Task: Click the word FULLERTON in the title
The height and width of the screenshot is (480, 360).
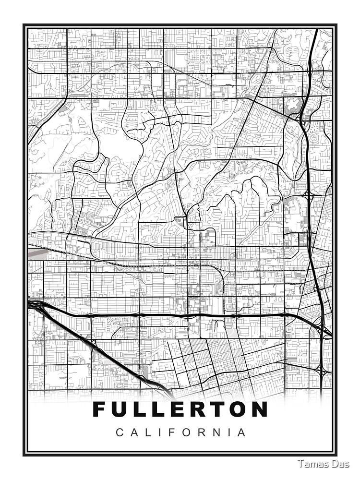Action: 180,409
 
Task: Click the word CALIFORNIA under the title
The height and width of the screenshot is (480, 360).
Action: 181,432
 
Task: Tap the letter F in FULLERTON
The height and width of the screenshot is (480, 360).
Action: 99,409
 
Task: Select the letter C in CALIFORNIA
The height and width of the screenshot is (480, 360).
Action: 119,432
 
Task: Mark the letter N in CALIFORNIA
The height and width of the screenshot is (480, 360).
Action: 223,432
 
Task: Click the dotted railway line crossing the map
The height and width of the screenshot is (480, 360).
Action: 158,265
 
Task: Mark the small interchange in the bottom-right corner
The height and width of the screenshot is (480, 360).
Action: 323,372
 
